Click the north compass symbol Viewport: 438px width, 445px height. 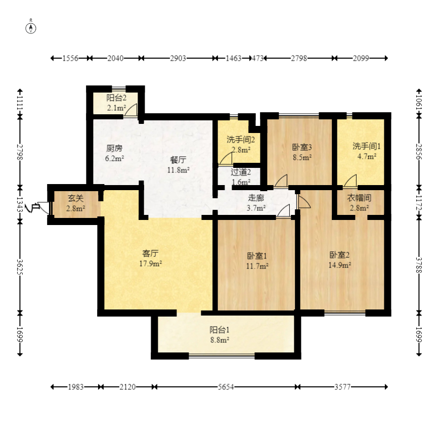tap(31, 28)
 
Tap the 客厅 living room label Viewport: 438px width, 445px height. tap(150, 253)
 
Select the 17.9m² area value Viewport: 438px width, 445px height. tap(150, 263)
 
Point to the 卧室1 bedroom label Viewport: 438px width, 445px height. tap(257, 256)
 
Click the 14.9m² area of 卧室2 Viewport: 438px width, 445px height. tap(339, 265)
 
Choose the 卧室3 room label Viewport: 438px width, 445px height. tap(302, 147)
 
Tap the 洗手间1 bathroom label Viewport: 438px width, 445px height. tap(367, 146)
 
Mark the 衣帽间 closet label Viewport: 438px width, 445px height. tap(359, 198)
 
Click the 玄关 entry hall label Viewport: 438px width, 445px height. tap(75, 198)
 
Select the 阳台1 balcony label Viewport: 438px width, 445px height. tap(220, 330)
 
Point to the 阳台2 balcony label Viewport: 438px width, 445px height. tap(116, 98)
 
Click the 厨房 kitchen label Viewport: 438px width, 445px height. tap(114, 148)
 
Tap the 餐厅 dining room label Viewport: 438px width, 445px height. tap(178, 160)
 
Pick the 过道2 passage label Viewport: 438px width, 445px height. tap(241, 172)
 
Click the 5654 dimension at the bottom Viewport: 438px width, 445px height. tap(226, 387)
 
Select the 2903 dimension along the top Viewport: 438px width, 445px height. tap(178, 58)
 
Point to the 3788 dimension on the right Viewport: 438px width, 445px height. tap(419, 265)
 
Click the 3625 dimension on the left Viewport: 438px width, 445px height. tap(20, 266)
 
